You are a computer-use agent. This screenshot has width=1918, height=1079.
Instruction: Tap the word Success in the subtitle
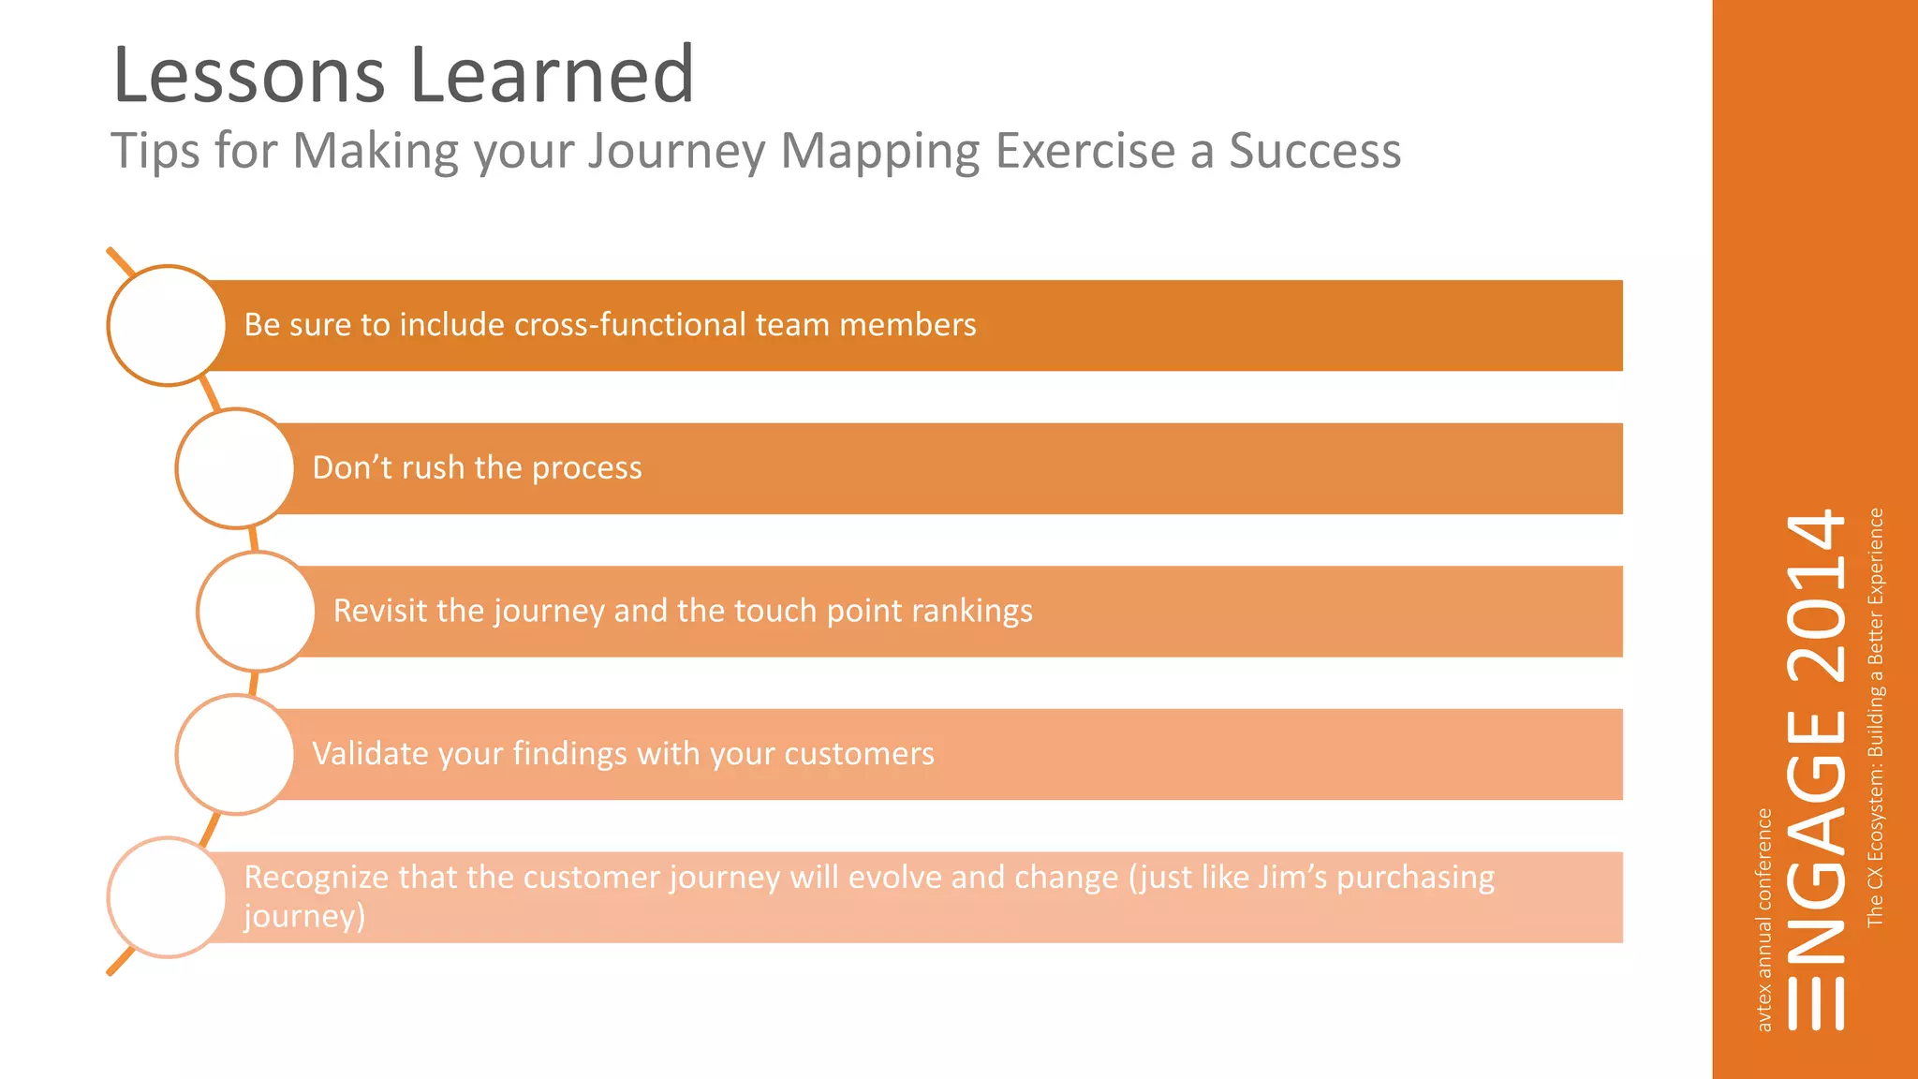point(1314,151)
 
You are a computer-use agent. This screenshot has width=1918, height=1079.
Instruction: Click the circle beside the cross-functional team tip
point(167,325)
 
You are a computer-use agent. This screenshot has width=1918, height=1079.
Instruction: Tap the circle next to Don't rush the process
point(235,468)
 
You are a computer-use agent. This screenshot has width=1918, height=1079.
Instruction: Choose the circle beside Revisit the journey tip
point(256,612)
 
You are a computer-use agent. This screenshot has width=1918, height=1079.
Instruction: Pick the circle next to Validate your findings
point(235,754)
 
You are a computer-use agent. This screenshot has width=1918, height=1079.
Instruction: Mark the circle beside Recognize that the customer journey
point(167,897)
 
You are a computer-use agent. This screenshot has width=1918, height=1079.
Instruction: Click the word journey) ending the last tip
point(304,916)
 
